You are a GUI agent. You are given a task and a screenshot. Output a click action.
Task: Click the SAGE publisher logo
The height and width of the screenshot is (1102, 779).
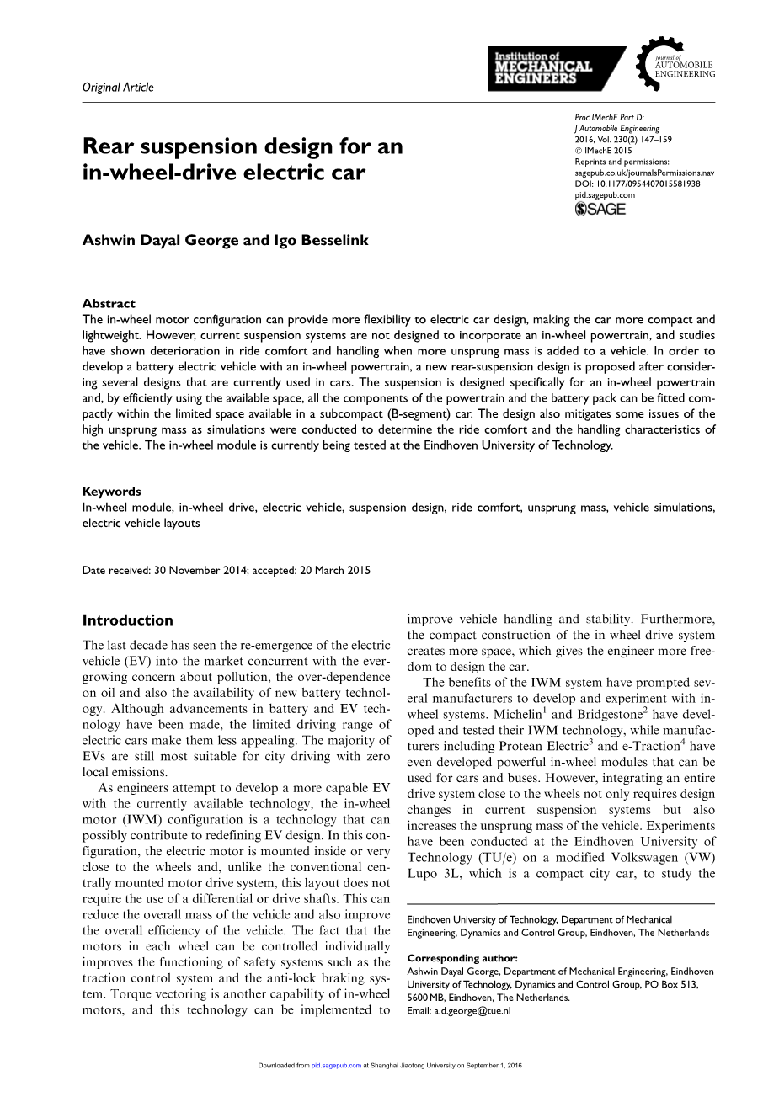click(x=600, y=210)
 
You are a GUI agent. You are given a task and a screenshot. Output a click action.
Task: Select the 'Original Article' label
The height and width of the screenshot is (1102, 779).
click(x=118, y=87)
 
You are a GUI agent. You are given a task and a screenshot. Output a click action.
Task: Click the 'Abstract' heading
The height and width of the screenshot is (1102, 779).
click(x=109, y=303)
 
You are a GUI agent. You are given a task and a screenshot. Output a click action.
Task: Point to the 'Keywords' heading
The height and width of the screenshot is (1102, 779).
click(x=111, y=491)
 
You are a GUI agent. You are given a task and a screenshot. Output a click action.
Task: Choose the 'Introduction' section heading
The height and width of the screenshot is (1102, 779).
click(x=127, y=620)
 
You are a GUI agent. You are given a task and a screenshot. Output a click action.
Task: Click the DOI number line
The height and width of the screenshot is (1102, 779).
click(x=638, y=184)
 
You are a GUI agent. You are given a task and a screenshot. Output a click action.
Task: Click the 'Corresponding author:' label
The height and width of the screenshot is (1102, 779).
click(x=462, y=958)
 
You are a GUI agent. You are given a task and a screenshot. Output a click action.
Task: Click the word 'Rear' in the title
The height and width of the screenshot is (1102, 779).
click(x=109, y=146)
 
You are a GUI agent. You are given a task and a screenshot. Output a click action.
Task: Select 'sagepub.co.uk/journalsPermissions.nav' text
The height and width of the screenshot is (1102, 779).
click(x=644, y=173)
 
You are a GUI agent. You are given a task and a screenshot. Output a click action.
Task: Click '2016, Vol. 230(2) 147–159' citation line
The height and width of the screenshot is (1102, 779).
click(x=623, y=140)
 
